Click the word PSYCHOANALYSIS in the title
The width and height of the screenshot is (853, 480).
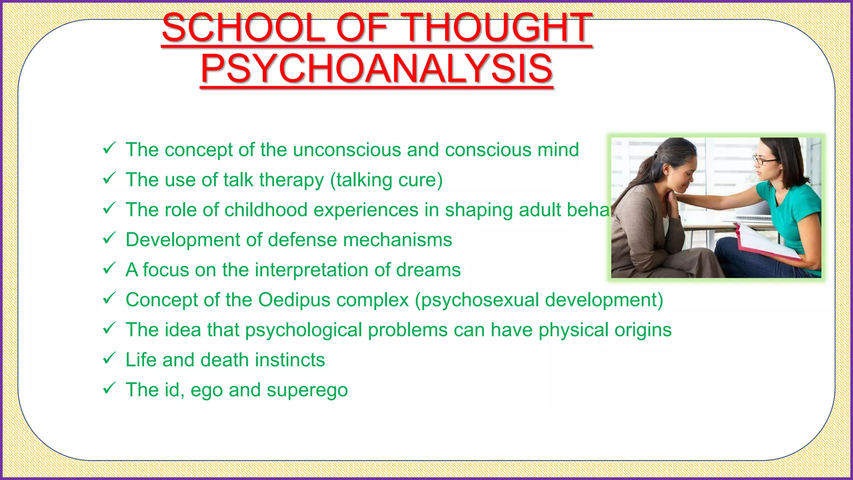pos(377,69)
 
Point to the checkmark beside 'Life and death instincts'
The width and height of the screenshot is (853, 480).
pos(109,358)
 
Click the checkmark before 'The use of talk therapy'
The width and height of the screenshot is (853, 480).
pos(109,178)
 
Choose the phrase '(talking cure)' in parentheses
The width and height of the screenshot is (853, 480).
pos(386,180)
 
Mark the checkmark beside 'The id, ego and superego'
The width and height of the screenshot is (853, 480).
pos(109,388)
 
